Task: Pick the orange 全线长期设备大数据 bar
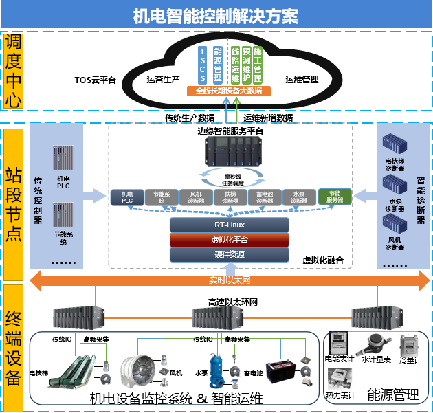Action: [229, 91]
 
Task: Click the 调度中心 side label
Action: [13, 71]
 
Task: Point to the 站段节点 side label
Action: [13, 203]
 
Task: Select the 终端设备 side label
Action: [13, 348]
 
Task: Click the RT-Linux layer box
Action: [229, 225]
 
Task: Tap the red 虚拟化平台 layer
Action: [229, 240]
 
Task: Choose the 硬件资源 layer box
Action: [229, 254]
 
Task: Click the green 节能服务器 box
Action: [335, 197]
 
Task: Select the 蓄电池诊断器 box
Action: [265, 197]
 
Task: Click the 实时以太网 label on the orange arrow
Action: [230, 280]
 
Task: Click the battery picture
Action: [282, 371]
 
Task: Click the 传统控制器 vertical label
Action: [38, 199]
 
